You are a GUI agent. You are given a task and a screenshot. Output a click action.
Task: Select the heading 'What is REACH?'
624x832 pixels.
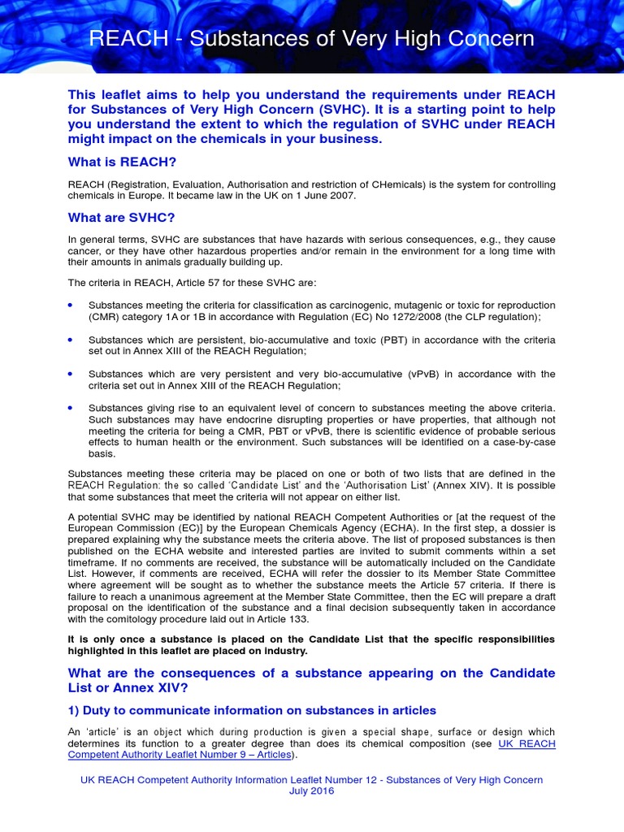tap(123, 162)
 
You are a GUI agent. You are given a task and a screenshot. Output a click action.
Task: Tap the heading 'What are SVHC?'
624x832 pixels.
tap(121, 218)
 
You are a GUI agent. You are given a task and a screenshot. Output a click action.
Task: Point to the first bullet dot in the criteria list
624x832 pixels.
tap(71, 304)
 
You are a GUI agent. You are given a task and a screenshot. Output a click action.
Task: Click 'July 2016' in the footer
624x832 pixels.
tap(311, 791)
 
